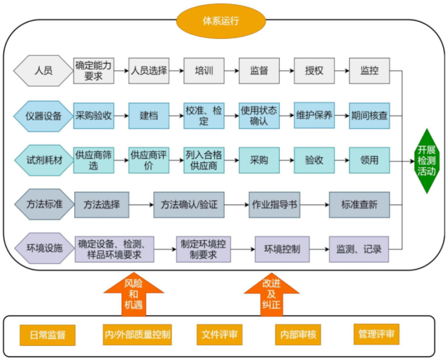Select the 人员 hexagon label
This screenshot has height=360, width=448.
pyautogui.click(x=43, y=71)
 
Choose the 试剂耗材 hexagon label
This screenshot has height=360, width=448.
pyautogui.click(x=43, y=160)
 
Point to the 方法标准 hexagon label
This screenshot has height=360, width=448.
pyautogui.click(x=43, y=205)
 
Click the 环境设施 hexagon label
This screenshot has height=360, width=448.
pyautogui.click(x=43, y=248)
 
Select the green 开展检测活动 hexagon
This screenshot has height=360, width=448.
pyautogui.click(x=426, y=161)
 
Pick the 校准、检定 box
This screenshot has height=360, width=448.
pyautogui.click(x=204, y=116)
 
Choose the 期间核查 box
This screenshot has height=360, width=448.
pyautogui.click(x=370, y=116)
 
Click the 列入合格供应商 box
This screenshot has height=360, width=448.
pyautogui.click(x=204, y=160)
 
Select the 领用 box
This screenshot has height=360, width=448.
pyautogui.click(x=370, y=160)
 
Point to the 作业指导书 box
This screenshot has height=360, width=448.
pyautogui.click(x=275, y=205)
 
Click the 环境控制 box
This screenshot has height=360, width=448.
pyautogui.click(x=282, y=249)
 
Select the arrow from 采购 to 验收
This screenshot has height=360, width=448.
pyautogui.click(x=284, y=160)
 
